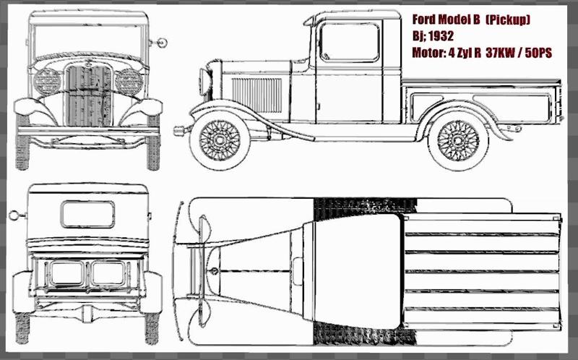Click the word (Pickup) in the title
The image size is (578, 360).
point(509,20)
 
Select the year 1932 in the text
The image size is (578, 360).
point(441,36)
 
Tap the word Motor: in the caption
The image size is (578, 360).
point(428,52)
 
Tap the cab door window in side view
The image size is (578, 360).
point(349,42)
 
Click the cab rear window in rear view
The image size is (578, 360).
point(87,215)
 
